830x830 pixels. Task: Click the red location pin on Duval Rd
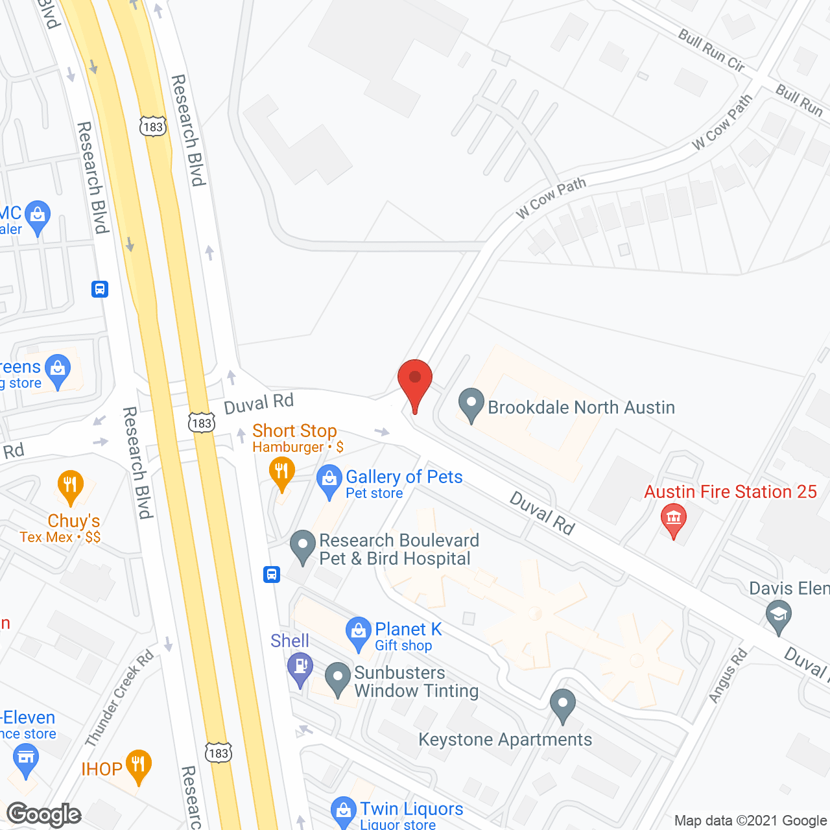click(415, 383)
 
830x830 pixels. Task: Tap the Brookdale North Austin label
click(581, 407)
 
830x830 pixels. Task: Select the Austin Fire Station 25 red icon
click(674, 519)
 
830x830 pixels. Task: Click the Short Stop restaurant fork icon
click(281, 470)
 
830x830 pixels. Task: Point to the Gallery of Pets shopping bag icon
click(329, 480)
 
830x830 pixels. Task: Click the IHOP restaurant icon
click(138, 765)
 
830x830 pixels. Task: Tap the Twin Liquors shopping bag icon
click(343, 811)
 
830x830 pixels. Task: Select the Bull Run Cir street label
click(711, 50)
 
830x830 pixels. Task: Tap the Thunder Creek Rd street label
click(119, 697)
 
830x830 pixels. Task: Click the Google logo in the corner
click(44, 814)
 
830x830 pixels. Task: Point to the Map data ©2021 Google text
click(750, 821)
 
